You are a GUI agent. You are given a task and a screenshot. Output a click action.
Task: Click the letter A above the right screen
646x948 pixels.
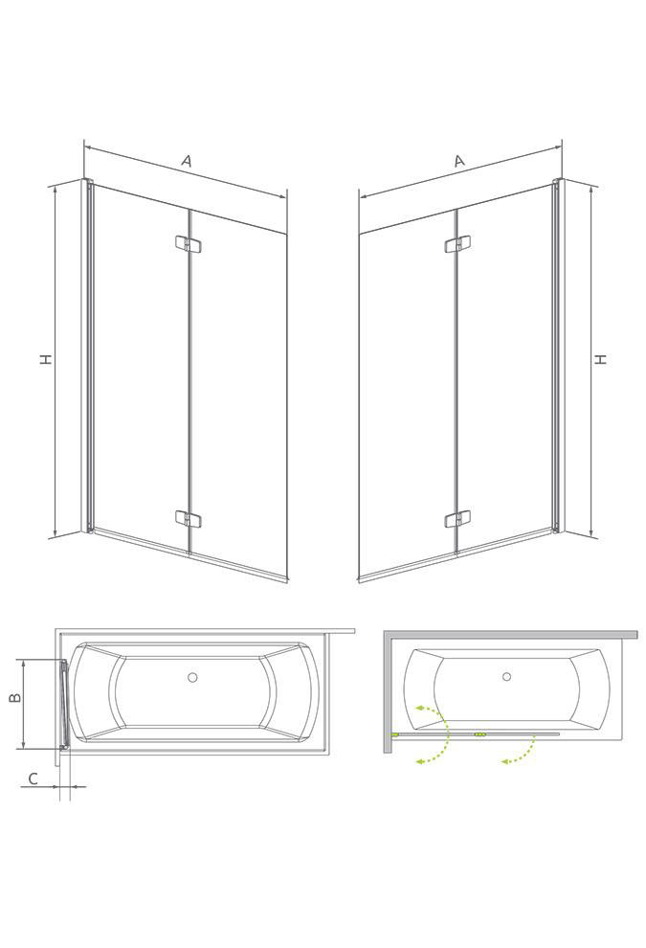459,160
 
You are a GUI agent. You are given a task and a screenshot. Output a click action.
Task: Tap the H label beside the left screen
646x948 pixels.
46,359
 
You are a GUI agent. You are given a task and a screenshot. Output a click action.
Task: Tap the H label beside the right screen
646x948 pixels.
600,359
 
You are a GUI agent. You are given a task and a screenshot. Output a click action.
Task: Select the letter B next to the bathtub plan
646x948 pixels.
15,697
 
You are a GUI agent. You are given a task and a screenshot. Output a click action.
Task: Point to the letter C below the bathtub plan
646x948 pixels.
33,779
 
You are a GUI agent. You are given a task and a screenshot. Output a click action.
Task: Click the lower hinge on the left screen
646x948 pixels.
189,518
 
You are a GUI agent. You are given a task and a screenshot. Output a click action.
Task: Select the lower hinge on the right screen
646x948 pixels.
457,518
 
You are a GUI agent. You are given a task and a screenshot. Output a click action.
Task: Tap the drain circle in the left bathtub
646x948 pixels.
192,677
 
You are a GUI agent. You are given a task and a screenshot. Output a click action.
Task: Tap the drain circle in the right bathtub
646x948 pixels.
506,677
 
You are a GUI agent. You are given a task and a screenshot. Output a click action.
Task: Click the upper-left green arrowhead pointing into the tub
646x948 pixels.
418,707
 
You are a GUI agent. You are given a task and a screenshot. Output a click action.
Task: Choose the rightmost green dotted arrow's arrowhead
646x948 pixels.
504,761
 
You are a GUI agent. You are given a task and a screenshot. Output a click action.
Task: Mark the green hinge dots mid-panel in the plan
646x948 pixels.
479,734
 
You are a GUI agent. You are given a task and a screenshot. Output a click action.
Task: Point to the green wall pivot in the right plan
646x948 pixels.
394,734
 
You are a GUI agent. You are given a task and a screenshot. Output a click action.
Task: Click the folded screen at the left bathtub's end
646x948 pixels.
63,705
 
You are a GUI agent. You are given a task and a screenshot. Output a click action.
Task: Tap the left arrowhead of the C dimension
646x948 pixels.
56,786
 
